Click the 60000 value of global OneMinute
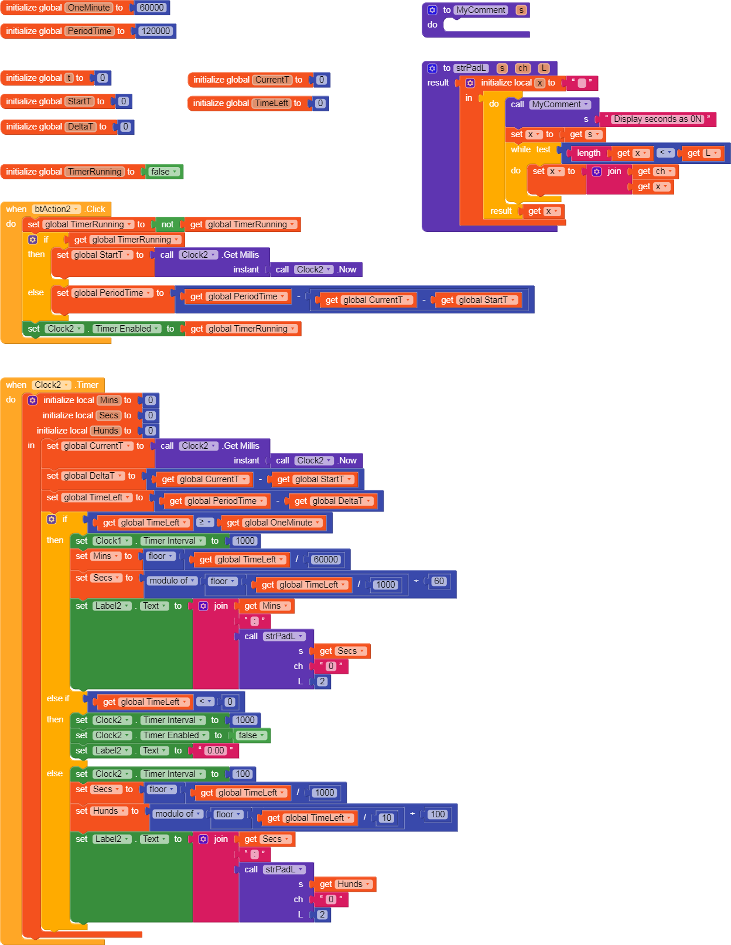pyautogui.click(x=151, y=8)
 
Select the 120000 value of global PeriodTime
pyautogui.click(x=156, y=31)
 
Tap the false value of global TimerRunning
pyautogui.click(x=164, y=172)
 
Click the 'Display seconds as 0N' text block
pyautogui.click(x=657, y=119)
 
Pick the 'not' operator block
pyautogui.click(x=168, y=224)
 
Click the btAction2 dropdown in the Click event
pyautogui.click(x=57, y=209)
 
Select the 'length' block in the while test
pyautogui.click(x=589, y=153)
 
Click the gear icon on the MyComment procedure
pyautogui.click(x=432, y=10)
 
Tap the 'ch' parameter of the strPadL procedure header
pyautogui.click(x=523, y=69)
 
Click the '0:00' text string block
pyautogui.click(x=216, y=750)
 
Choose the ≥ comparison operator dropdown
pyautogui.click(x=204, y=522)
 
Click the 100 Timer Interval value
pyautogui.click(x=242, y=774)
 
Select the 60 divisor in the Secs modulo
pyautogui.click(x=439, y=581)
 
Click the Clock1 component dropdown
pyautogui.click(x=112, y=541)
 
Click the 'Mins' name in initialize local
pyautogui.click(x=108, y=400)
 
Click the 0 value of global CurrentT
pyautogui.click(x=321, y=80)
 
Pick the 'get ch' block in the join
pyautogui.click(x=655, y=171)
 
